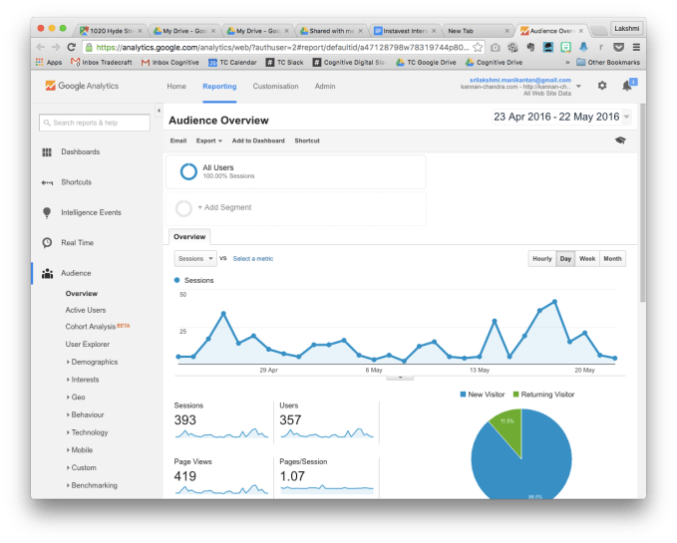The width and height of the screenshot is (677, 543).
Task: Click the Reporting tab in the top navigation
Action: pyautogui.click(x=219, y=87)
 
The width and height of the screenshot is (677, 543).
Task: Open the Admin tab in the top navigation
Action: pyautogui.click(x=325, y=87)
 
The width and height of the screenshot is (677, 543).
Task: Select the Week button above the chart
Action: pyautogui.click(x=587, y=259)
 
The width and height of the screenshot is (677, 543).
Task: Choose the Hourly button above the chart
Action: pyautogui.click(x=541, y=259)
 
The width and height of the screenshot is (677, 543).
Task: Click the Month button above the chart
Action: pyautogui.click(x=612, y=259)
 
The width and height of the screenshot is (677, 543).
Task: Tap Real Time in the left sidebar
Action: pyautogui.click(x=77, y=242)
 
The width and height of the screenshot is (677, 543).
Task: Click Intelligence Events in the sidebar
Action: pyautogui.click(x=91, y=212)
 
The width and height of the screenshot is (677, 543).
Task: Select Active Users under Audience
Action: pyautogui.click(x=86, y=310)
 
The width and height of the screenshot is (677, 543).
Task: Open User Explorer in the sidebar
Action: pyautogui.click(x=88, y=344)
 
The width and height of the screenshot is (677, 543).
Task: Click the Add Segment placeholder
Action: pyautogui.click(x=224, y=207)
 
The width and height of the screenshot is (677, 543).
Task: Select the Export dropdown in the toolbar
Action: pyautogui.click(x=208, y=140)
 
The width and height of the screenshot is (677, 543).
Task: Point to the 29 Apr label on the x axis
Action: pyautogui.click(x=268, y=370)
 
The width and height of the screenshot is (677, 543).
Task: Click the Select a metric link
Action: pyautogui.click(x=253, y=259)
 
